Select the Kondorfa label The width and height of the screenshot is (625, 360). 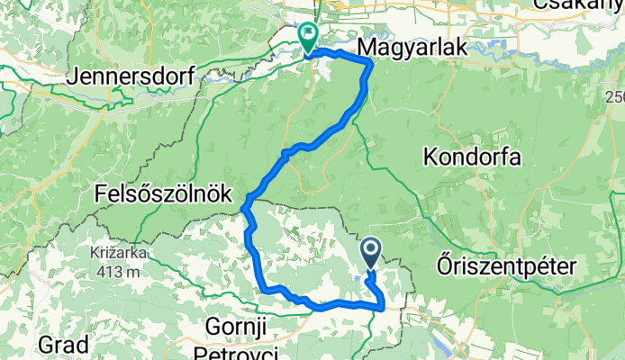point(472,157)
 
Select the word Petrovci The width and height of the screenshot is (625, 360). point(240,349)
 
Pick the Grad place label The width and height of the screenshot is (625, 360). point(64,344)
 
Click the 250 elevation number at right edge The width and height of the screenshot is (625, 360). point(615,97)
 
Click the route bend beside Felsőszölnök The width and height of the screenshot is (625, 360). point(245,210)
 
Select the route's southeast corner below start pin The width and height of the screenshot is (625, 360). point(384,307)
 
